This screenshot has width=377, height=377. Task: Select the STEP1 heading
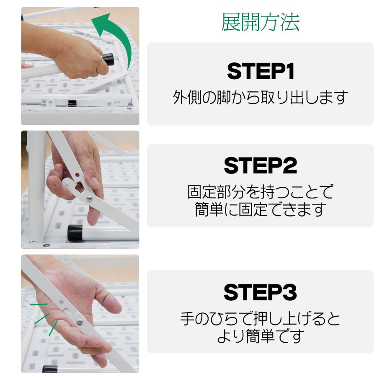[260, 72]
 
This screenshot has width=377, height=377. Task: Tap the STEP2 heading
[260, 165]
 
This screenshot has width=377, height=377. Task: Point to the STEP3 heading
[260, 292]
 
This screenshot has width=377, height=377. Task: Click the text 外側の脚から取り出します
[260, 98]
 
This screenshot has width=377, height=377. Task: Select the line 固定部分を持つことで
[260, 192]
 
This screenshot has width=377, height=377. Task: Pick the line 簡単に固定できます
[260, 209]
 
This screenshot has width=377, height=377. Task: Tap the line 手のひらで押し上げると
[260, 319]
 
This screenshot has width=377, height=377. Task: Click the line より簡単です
[260, 336]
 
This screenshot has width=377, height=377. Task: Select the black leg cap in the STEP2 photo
[75, 233]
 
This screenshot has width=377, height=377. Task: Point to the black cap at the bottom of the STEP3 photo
[50, 369]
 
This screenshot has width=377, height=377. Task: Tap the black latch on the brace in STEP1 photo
[72, 103]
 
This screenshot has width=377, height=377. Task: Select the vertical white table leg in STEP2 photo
[36, 188]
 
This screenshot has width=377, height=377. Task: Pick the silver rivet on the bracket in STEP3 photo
[80, 322]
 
